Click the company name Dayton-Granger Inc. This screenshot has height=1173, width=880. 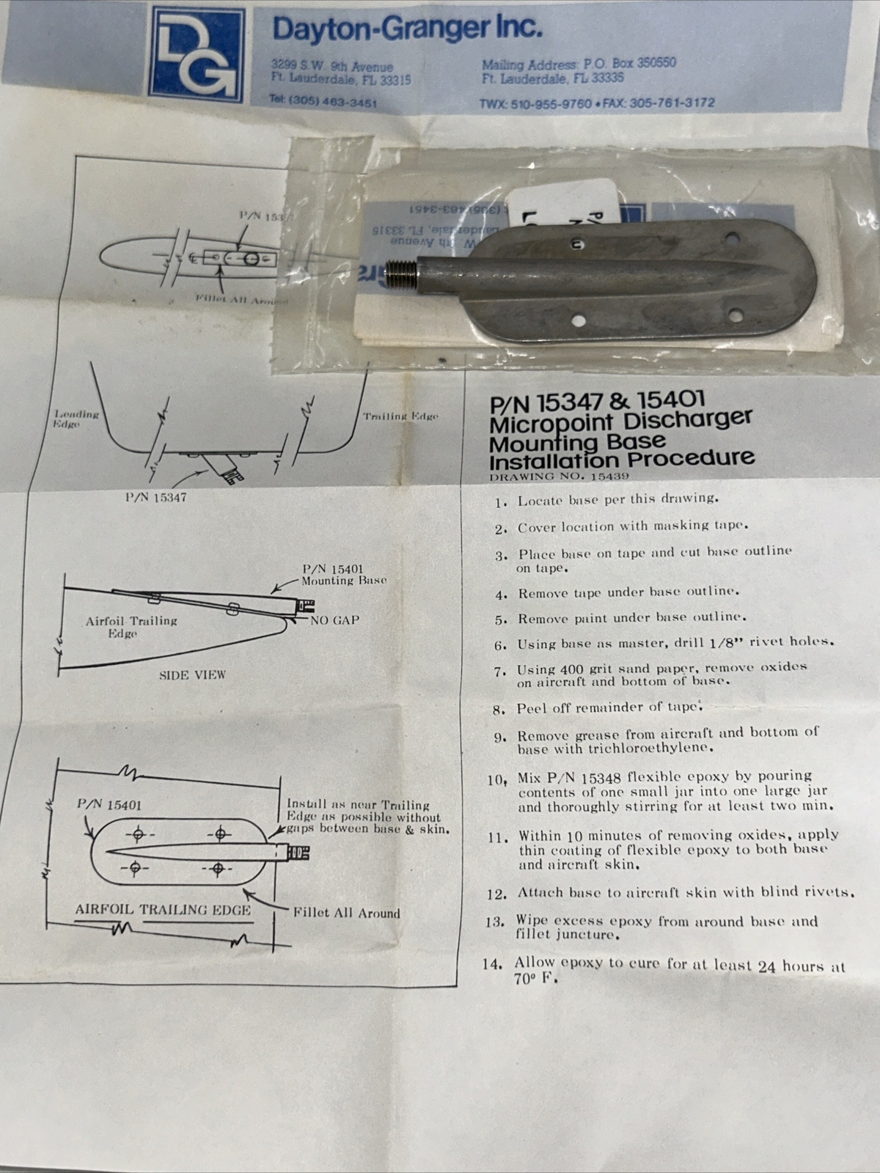point(408,29)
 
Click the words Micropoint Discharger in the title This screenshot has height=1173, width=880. point(620,420)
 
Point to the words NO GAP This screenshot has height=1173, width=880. point(334,620)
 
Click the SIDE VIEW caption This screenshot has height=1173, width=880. point(192,674)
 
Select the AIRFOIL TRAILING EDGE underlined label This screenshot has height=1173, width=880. point(163,910)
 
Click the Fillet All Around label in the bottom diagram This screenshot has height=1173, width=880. point(346,913)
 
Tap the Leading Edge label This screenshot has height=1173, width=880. point(76,419)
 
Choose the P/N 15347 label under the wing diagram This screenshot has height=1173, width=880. point(155,497)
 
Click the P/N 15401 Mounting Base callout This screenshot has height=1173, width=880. point(343,575)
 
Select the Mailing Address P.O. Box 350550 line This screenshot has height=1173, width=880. point(579,63)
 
